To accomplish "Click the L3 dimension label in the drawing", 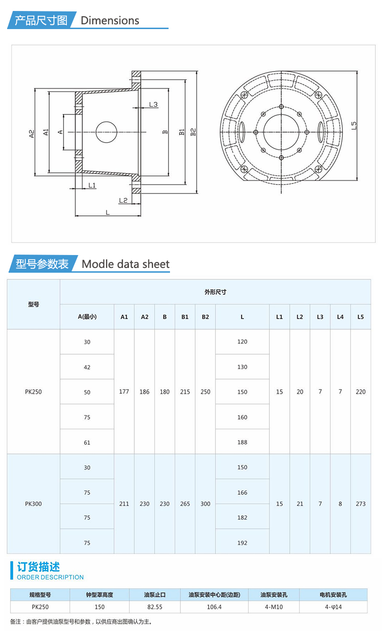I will (153, 104).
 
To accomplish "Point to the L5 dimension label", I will (353, 125).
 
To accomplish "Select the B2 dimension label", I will (193, 132).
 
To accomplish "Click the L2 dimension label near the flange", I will (123, 200).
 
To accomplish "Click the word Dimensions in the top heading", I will (110, 21).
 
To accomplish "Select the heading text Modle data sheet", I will (126, 264).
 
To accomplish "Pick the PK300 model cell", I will (33, 503).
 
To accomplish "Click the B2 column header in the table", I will (205, 317).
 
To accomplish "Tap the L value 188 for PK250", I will (242, 442).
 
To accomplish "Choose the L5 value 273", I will (361, 503).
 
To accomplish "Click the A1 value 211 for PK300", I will (124, 503).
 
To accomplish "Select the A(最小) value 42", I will (87, 367).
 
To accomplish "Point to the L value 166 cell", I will (242, 492).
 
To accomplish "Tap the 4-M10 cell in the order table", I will (274, 607).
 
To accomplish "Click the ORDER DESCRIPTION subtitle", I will (50, 577).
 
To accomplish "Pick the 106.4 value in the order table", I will (214, 607).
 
